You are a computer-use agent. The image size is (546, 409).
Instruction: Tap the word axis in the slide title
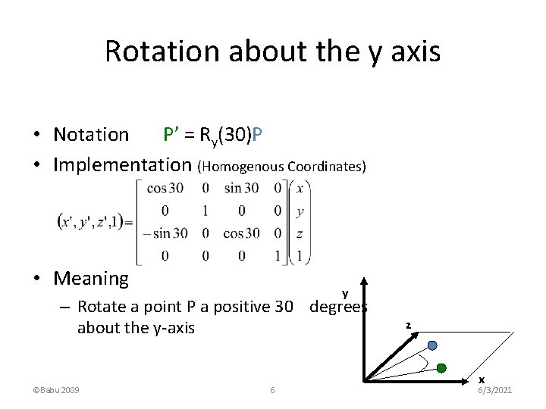coord(414,52)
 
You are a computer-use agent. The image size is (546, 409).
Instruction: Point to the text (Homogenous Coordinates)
coord(281,166)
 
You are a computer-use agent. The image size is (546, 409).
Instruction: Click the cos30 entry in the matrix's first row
coord(165,189)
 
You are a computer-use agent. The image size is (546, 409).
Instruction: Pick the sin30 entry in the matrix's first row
coord(241,189)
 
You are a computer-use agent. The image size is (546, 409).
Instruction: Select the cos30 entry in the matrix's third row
coord(241,233)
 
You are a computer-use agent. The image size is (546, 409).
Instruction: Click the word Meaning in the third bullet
coord(91,278)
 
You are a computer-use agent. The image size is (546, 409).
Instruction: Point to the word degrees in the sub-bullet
coord(338,307)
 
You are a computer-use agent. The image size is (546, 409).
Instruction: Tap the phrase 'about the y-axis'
coord(136,328)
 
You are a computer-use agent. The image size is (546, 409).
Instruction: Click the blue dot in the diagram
coord(432,345)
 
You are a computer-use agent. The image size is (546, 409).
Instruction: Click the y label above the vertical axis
coord(345,293)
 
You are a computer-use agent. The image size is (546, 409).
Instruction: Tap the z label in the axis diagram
coord(408,326)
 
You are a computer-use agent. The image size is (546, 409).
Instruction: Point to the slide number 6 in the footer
coord(272,390)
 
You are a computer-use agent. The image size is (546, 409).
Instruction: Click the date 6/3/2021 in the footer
coord(495,389)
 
